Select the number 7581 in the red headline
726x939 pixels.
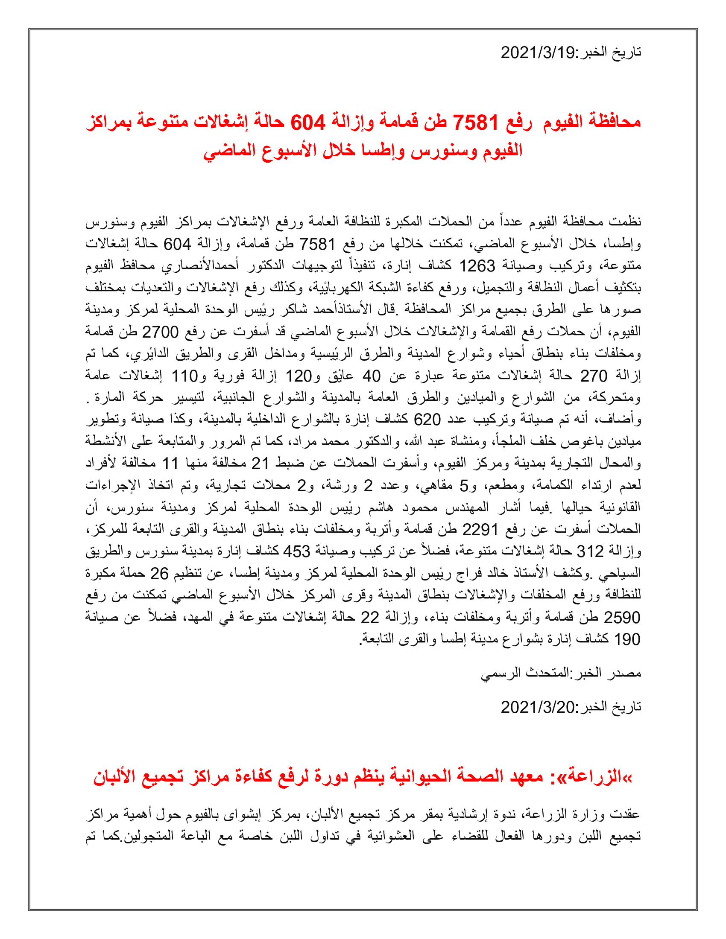point(476,122)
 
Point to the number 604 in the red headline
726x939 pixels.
point(308,122)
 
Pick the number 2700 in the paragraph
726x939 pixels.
point(160,332)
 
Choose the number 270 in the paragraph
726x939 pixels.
point(594,376)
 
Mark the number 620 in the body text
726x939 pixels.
point(427,420)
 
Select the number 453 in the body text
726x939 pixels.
point(296,551)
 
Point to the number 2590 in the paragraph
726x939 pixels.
point(622,618)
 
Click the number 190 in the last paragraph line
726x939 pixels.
point(627,639)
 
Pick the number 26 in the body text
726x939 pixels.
point(159,573)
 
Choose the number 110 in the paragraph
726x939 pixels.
point(184,376)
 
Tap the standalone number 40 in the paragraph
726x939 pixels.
point(372,376)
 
